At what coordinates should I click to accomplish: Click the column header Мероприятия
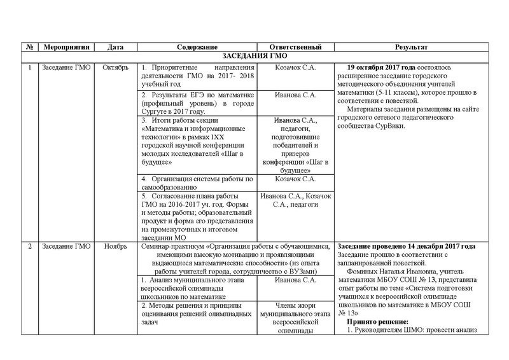click(x=66, y=47)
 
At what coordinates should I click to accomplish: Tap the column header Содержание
click(x=197, y=47)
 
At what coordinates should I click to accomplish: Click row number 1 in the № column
click(x=30, y=67)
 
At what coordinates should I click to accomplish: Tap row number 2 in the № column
click(x=30, y=246)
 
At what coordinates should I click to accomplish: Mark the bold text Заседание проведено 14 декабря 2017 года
click(x=405, y=246)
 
